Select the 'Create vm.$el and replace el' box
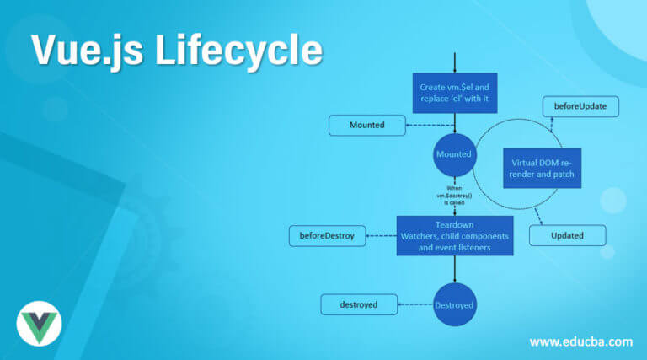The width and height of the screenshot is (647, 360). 455,92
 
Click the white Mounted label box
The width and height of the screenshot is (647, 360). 366,126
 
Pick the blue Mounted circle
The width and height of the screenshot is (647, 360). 454,156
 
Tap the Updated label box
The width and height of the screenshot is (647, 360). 567,235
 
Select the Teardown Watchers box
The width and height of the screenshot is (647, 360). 455,237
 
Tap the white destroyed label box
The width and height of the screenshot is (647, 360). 358,304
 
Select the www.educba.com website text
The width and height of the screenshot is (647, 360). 580,341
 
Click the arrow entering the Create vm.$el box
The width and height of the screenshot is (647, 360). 455,63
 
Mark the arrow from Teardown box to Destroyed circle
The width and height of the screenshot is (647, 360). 455,271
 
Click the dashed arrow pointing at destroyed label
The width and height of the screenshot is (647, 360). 414,304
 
